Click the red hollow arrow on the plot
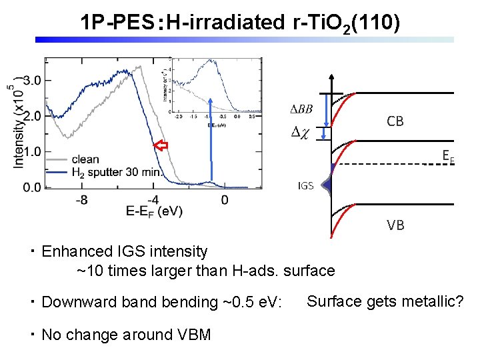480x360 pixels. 160,145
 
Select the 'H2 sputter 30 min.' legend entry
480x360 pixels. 116,172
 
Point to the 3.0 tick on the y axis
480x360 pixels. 33,80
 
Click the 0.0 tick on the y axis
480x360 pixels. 33,187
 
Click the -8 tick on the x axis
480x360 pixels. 81,199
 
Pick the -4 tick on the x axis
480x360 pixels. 153,199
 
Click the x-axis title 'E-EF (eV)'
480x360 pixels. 154,212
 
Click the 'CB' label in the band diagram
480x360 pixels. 395,121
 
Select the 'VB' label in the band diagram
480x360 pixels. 395,225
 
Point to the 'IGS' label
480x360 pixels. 305,186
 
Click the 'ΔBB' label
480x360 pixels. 301,109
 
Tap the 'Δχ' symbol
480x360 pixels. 301,133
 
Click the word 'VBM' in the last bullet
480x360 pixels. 194,335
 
